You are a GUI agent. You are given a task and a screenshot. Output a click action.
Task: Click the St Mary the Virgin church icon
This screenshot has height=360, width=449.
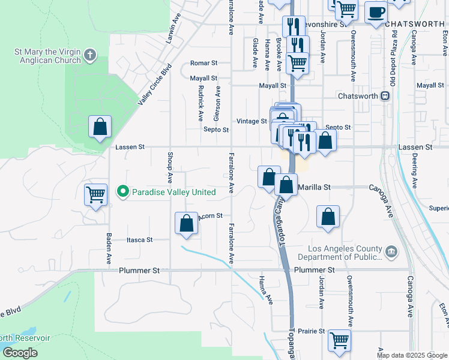(x=90, y=56)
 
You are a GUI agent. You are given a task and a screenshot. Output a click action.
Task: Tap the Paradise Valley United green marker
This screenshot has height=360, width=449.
(x=123, y=192)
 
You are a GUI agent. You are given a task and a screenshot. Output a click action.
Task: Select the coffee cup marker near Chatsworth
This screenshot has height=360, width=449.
(x=376, y=12)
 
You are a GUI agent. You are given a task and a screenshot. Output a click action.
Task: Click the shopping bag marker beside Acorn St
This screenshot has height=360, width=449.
(x=187, y=223)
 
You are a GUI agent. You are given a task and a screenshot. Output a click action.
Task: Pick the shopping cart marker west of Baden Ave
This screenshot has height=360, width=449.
(x=95, y=195)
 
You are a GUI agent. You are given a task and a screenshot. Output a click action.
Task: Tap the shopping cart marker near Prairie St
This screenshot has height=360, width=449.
(x=339, y=340)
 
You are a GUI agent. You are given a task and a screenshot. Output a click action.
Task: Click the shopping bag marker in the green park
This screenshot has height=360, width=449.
(x=100, y=127)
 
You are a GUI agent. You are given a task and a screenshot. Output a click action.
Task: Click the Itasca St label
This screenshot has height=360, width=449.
(x=139, y=239)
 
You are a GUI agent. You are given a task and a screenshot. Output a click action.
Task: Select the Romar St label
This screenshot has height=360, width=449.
(x=203, y=63)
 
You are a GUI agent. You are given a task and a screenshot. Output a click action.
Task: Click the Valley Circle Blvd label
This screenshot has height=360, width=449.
(x=154, y=85)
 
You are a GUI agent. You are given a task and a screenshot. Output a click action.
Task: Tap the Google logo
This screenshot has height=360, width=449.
(x=20, y=353)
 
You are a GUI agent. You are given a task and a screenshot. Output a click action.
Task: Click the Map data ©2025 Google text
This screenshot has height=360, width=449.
(x=412, y=355)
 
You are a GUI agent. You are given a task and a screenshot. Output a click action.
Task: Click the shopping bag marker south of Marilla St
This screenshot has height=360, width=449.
(x=328, y=219)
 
